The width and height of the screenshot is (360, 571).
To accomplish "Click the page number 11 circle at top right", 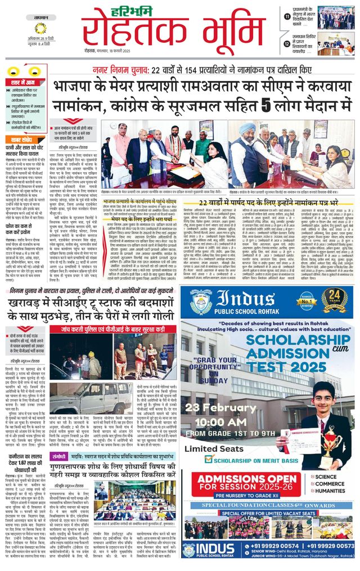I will (287, 17).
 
